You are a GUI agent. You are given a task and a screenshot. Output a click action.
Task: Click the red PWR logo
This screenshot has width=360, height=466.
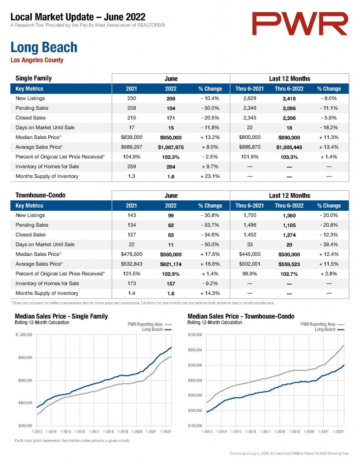tap(299, 24)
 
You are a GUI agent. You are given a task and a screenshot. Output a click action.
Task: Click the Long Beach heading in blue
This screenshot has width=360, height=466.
tap(44, 47)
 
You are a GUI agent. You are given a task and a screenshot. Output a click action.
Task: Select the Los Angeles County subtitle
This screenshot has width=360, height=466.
tap(37, 60)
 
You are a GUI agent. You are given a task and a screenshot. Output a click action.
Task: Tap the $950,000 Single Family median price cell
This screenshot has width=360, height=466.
tap(171, 137)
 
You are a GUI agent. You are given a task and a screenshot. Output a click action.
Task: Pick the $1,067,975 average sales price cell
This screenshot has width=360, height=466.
tap(171, 147)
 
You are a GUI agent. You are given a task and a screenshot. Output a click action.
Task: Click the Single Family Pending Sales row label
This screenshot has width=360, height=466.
tap(32, 108)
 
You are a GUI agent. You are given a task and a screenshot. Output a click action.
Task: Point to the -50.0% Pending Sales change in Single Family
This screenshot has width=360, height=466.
tap(210, 108)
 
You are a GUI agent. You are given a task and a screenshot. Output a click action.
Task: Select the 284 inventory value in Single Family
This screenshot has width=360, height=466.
tap(171, 167)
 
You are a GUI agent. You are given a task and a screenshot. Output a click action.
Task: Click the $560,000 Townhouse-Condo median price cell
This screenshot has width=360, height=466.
tap(171, 254)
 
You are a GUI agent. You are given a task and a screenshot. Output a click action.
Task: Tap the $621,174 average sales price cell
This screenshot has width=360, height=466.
tap(171, 264)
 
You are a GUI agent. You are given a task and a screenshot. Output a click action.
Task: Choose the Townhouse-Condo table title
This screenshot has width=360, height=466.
tap(41, 195)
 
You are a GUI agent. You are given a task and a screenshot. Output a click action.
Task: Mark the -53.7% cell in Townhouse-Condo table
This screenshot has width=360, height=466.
tap(210, 225)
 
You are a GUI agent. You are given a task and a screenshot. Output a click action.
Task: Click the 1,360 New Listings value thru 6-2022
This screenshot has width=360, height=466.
tap(289, 215)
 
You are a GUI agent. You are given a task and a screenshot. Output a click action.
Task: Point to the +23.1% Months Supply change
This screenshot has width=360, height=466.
tap(210, 176)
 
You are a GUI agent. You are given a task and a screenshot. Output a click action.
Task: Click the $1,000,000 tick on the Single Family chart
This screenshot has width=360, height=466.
tap(24, 334)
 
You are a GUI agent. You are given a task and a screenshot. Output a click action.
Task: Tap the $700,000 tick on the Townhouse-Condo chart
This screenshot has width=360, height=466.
tap(195, 334)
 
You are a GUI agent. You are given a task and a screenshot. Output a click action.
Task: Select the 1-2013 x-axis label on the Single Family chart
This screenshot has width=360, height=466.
tap(37, 431)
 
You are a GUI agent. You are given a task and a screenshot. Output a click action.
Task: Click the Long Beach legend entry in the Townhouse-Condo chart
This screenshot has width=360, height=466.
tap(330, 329)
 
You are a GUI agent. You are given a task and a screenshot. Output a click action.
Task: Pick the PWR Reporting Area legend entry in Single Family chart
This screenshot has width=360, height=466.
tap(150, 324)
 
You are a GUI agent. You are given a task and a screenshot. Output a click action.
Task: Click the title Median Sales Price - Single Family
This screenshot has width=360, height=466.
tap(61, 316)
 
